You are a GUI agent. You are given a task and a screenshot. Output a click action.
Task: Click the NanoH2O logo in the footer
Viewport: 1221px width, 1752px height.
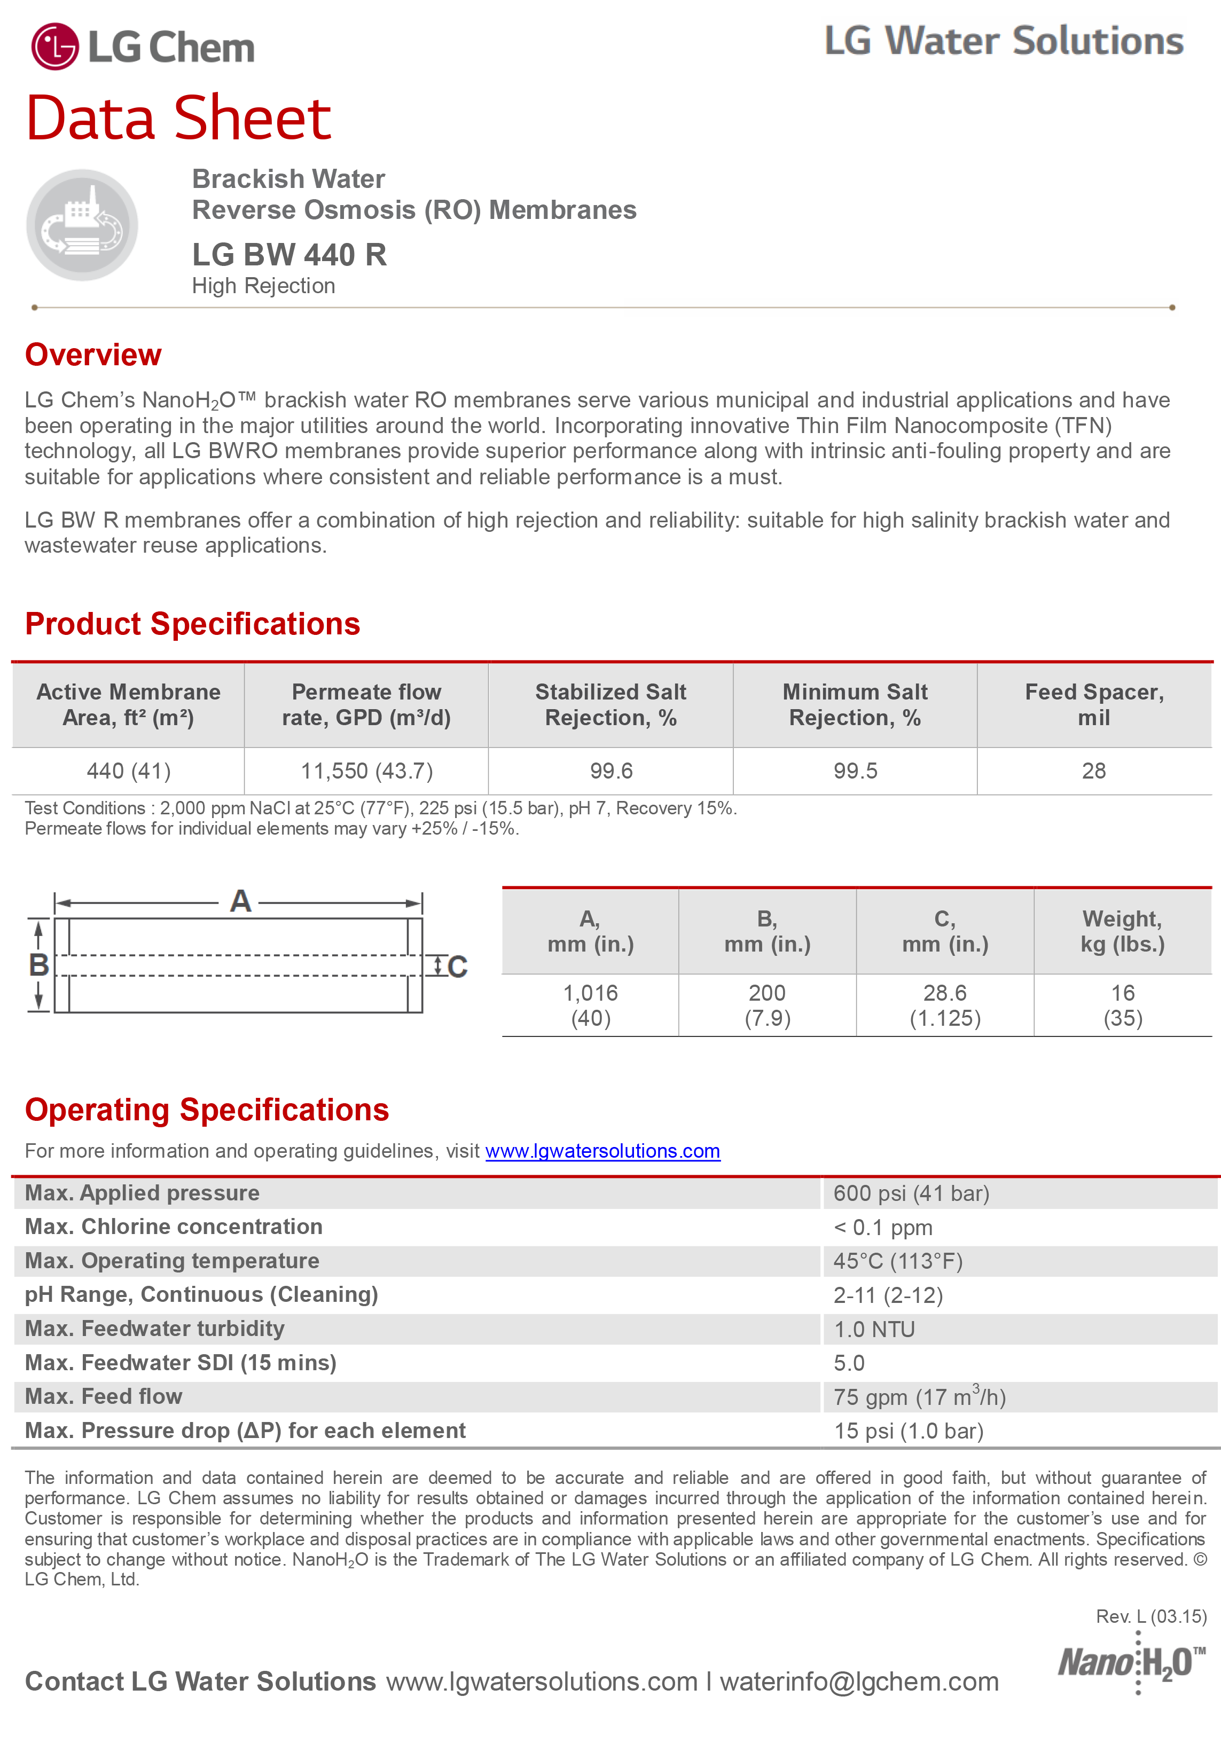[1131, 1662]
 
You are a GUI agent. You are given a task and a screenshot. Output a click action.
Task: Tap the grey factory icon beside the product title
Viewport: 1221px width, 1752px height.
[82, 224]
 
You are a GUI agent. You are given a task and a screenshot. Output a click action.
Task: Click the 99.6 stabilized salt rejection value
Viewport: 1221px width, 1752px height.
[610, 771]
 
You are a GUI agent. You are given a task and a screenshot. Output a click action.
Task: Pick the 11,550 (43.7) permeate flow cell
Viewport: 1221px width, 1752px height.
[366, 771]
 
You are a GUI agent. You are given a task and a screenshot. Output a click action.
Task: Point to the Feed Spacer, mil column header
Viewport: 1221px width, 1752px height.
[1093, 704]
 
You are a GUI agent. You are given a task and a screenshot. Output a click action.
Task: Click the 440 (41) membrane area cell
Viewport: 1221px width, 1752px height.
[128, 771]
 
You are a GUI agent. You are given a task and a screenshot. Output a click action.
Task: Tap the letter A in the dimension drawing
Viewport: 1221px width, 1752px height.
[240, 901]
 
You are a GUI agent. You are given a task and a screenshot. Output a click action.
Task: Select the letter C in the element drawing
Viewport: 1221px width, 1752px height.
[457, 967]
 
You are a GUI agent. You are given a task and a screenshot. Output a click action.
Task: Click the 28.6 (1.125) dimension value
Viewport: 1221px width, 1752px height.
[945, 1005]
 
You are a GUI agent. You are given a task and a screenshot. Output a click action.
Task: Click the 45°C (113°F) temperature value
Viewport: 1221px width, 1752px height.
[897, 1261]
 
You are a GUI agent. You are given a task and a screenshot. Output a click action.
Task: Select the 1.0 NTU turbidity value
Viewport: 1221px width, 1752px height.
[874, 1329]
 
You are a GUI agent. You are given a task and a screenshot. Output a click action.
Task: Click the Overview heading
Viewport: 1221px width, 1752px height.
[93, 355]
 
